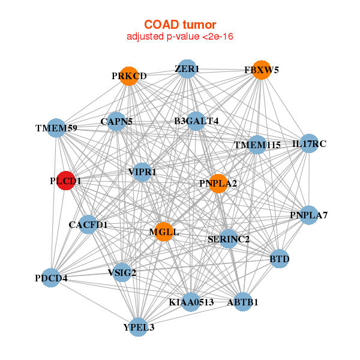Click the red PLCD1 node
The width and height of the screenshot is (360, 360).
coord(65,181)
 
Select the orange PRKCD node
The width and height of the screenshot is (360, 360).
coord(129,76)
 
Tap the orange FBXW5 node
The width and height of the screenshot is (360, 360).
coord(262,70)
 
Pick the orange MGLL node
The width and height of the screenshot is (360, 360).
coord(164,232)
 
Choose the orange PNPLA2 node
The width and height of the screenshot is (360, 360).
coord(218,183)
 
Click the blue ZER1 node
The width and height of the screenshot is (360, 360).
coord(187,69)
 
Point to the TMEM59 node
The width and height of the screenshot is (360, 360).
coord(55,128)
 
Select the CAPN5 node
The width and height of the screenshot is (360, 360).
coord(116,122)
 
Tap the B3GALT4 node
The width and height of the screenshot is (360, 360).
coord(196,121)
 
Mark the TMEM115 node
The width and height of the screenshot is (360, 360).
coord(257,145)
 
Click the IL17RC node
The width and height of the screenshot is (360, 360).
coord(309,143)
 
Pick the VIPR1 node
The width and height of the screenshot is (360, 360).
coord(142,172)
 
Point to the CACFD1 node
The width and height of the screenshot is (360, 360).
coord(88,225)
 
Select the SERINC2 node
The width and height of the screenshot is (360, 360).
coord(229,239)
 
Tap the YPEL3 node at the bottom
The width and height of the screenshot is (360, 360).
coord(139,327)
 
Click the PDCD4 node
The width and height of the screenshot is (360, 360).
coord(51,278)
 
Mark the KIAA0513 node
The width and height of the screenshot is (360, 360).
coord(191,302)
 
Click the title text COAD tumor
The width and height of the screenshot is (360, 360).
coord(179,25)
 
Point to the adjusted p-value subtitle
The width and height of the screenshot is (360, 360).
coord(179,37)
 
